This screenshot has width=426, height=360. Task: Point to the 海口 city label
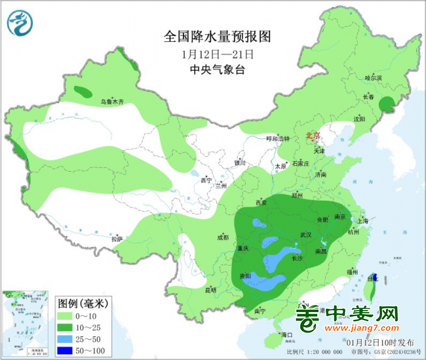point(285,335)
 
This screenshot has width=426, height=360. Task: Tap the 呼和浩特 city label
point(277,139)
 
